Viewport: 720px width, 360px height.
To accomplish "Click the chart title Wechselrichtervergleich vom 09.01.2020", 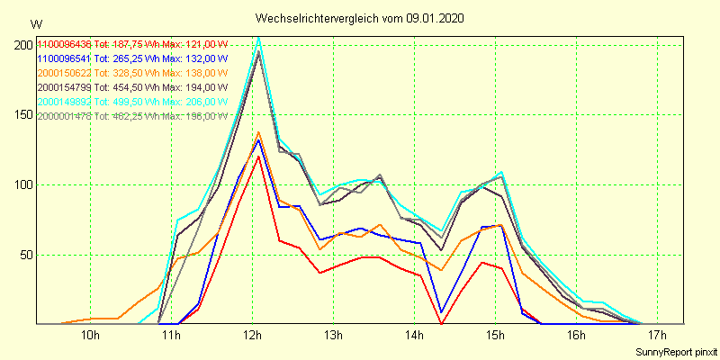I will (360, 18).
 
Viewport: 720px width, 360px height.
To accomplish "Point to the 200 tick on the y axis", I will (22, 45).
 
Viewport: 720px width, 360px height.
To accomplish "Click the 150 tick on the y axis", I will (22, 115).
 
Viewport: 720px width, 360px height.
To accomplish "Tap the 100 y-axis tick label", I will (22, 184).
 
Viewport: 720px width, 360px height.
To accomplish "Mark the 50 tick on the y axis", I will (25, 255).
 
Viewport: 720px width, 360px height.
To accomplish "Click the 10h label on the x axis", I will (90, 337).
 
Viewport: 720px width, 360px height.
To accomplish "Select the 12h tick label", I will (252, 337).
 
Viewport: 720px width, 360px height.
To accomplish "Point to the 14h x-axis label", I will (414, 337).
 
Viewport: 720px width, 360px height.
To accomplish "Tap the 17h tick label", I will (657, 337).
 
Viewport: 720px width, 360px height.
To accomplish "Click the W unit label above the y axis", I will (35, 23).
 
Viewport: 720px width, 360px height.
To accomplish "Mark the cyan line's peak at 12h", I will (259, 37).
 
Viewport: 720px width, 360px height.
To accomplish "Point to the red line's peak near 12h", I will (259, 156).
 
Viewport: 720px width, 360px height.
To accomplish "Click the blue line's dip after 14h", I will (442, 312).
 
